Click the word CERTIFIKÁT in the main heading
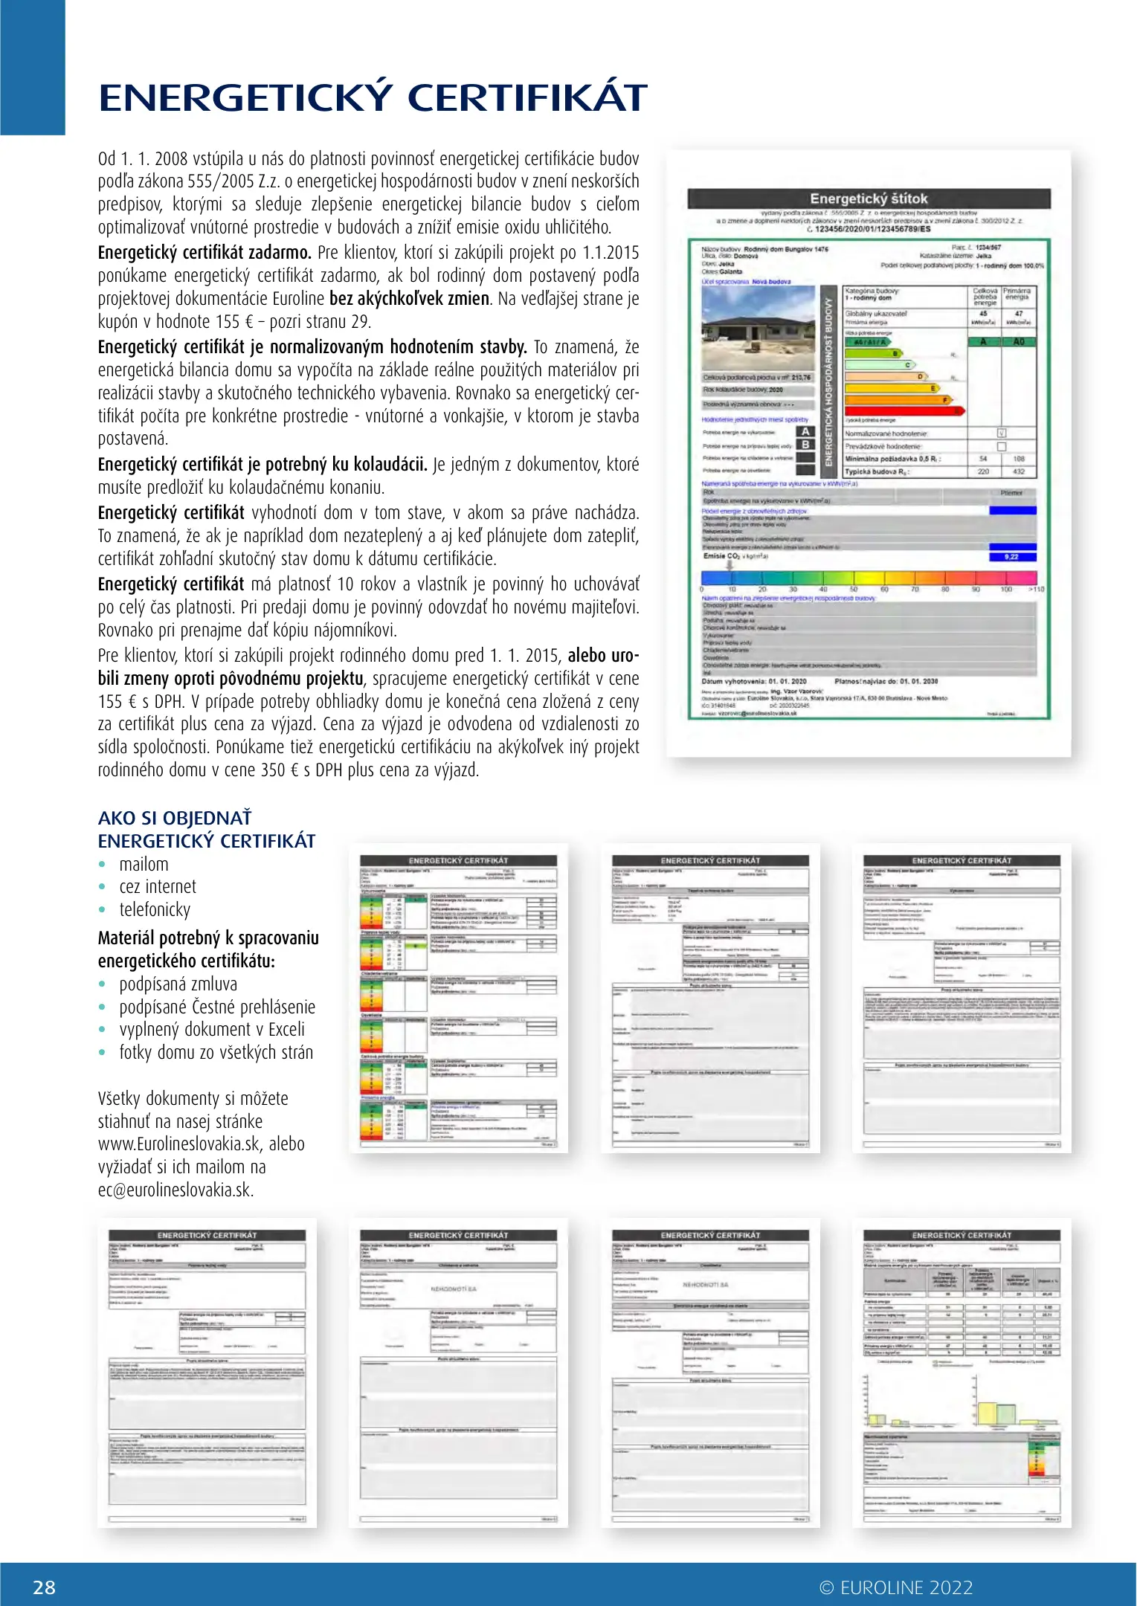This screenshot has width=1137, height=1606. [x=527, y=99]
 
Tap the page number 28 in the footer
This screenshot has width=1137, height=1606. [x=45, y=1587]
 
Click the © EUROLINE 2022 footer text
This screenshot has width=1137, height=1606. [x=895, y=1587]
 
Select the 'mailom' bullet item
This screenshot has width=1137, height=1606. [x=144, y=864]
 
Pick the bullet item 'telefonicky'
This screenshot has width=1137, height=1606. [x=155, y=909]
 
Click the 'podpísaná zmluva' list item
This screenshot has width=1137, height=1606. [x=178, y=984]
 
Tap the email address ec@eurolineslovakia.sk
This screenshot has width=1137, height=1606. [x=175, y=1190]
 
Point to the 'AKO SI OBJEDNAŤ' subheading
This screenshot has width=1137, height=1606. [x=175, y=818]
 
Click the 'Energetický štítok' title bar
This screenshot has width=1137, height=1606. [x=869, y=199]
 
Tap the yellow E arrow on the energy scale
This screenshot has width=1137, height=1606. [x=892, y=388]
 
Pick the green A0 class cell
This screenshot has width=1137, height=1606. [x=1018, y=341]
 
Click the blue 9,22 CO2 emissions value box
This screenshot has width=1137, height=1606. [x=1011, y=556]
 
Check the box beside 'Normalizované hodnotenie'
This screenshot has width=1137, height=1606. [x=1001, y=433]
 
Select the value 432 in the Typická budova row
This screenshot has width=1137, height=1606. [x=1018, y=471]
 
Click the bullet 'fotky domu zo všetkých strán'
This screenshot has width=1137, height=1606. [x=216, y=1052]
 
